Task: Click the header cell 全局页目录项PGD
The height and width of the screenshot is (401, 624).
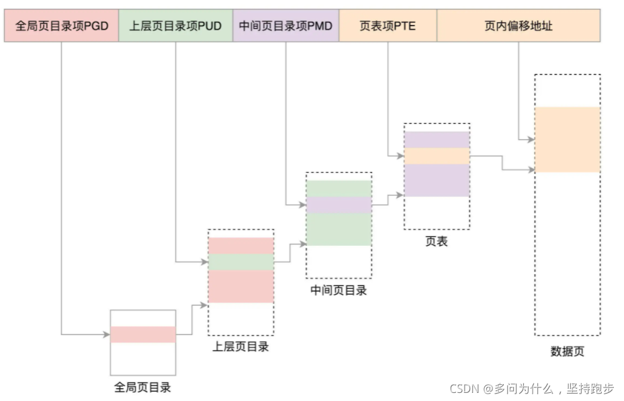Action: click(61, 26)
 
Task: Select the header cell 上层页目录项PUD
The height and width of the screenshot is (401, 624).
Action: click(176, 26)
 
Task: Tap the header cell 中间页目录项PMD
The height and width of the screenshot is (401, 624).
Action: click(286, 26)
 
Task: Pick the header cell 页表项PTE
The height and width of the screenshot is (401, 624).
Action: click(388, 26)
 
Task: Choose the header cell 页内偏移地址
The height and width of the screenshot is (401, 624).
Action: click(519, 26)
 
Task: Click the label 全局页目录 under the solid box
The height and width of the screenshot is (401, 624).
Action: click(142, 388)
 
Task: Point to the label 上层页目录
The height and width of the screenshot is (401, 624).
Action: click(240, 347)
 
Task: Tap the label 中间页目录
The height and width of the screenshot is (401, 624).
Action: click(339, 290)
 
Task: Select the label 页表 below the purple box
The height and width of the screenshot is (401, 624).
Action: click(436, 241)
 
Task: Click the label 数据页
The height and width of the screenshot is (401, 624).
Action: click(567, 351)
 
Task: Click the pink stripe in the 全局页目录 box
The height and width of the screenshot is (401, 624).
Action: click(142, 335)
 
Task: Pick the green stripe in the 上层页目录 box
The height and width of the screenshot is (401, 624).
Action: click(241, 262)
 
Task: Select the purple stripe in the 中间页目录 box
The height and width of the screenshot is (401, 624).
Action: click(339, 205)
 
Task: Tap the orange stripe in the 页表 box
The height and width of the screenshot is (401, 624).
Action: click(437, 156)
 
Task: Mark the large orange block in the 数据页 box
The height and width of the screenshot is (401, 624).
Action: click(567, 140)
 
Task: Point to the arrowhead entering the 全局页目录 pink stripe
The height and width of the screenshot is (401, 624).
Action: click(107, 335)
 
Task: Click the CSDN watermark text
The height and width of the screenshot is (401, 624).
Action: click(531, 388)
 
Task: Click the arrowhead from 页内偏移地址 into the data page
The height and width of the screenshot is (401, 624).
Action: click(531, 140)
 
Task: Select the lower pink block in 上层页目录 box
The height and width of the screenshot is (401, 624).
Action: click(241, 286)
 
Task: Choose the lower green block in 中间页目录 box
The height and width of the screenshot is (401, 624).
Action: click(339, 229)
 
